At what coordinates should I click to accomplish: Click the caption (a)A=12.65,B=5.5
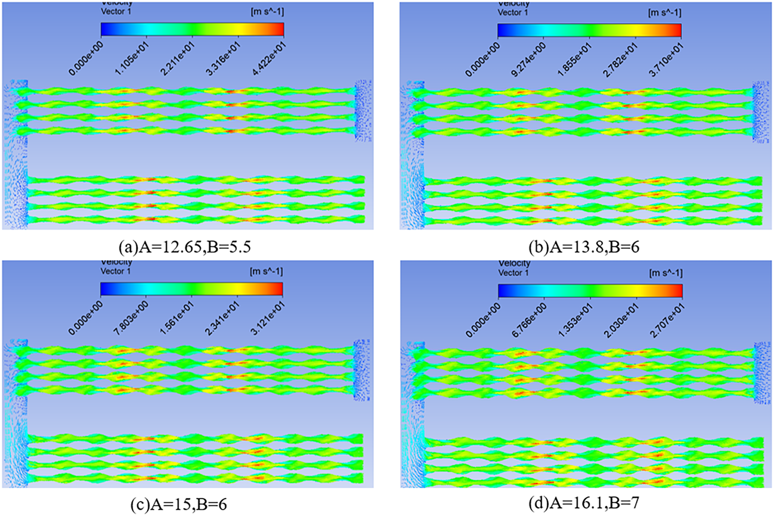click(x=185, y=247)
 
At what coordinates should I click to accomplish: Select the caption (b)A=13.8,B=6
click(x=584, y=247)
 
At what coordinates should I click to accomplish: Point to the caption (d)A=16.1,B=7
click(x=584, y=502)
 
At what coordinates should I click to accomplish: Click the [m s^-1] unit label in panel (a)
click(x=267, y=11)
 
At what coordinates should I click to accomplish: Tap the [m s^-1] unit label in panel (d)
click(x=666, y=273)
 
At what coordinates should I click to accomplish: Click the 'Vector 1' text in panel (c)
click(x=116, y=271)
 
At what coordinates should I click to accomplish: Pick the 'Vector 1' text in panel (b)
click(x=513, y=12)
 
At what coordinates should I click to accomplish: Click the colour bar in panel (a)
click(x=192, y=29)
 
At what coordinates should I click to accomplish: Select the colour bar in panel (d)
click(x=590, y=291)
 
